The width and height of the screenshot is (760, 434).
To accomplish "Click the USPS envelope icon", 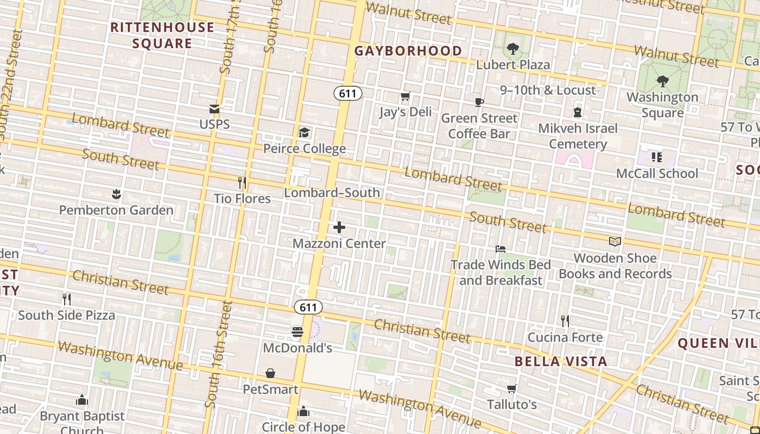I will coord(214,109).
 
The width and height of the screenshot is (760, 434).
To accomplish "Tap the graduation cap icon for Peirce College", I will coord(304,133).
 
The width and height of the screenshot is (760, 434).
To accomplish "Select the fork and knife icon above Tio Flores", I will coord(242,183).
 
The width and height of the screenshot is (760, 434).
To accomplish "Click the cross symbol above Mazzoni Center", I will coord(339,227).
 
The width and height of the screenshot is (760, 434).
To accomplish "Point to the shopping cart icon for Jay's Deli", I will coord(405,97).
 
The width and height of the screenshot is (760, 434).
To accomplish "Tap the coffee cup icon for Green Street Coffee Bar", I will coord(479,102).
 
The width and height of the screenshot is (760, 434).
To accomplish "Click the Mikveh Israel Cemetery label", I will coord(578,136).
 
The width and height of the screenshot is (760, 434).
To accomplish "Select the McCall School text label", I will coord(657,174).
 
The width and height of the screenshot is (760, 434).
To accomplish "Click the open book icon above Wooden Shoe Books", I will coord(615,242).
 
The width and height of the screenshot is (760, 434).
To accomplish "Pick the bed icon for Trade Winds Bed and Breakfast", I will coord(501,249).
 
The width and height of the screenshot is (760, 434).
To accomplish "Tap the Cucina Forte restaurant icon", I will coord(565,321).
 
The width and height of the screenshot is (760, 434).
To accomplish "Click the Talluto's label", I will coord(511,405).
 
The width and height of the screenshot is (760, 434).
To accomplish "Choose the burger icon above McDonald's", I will coord(297,331).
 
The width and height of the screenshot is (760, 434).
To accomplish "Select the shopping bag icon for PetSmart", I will coord(270,373).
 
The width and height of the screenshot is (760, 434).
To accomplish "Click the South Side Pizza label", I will coord(67,315).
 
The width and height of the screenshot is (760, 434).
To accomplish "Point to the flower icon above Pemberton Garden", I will coord(116,194).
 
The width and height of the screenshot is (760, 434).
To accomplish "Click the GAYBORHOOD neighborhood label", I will coord(408,51).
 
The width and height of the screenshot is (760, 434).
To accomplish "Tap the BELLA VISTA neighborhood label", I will coord(561,361).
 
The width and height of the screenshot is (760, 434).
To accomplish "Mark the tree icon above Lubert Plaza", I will coord(512,49).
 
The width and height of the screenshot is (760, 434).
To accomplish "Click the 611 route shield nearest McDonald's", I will coord(308,307).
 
